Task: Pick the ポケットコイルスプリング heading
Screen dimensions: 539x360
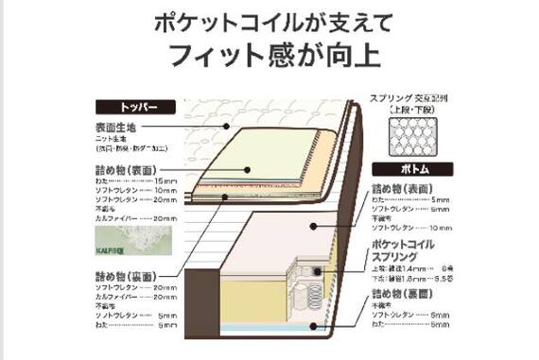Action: point(403,251)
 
